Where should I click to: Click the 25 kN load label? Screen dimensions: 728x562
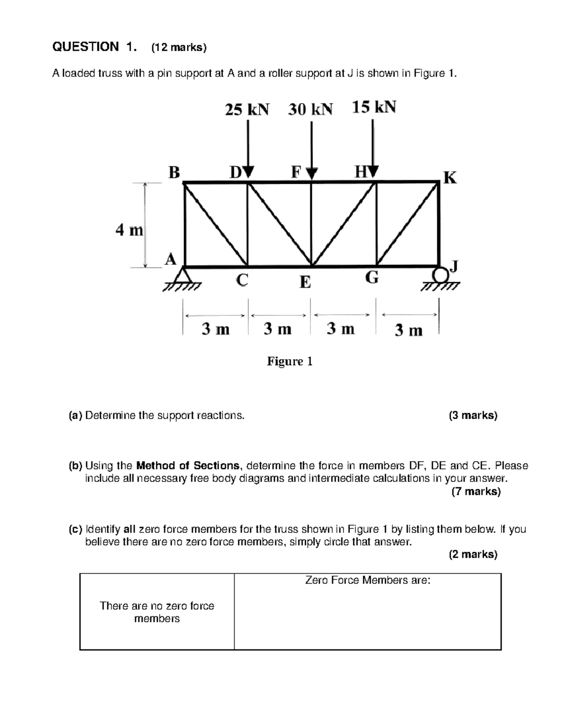coord(247,110)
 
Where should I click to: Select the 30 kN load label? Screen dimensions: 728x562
coord(310,110)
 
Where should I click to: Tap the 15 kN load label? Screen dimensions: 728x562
coord(374,108)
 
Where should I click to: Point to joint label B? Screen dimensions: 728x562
coord(174,173)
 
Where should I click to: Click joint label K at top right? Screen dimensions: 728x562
coord(450,178)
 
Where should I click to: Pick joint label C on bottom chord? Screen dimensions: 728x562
coord(242,280)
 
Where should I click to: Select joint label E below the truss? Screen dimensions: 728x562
coord(305,282)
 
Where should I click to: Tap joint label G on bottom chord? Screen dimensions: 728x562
coord(371,278)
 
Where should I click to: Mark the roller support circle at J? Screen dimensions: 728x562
coord(440,273)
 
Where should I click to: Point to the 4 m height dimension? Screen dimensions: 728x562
coord(129,230)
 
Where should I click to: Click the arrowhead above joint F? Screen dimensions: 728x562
coord(312,173)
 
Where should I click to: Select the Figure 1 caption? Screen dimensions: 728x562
coord(289,361)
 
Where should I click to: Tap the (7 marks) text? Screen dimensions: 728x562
coord(476,491)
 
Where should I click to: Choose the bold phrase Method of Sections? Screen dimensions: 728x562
coord(187,466)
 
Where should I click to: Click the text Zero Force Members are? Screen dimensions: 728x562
coord(368,580)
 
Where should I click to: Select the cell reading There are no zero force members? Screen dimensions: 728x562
coord(157,612)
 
